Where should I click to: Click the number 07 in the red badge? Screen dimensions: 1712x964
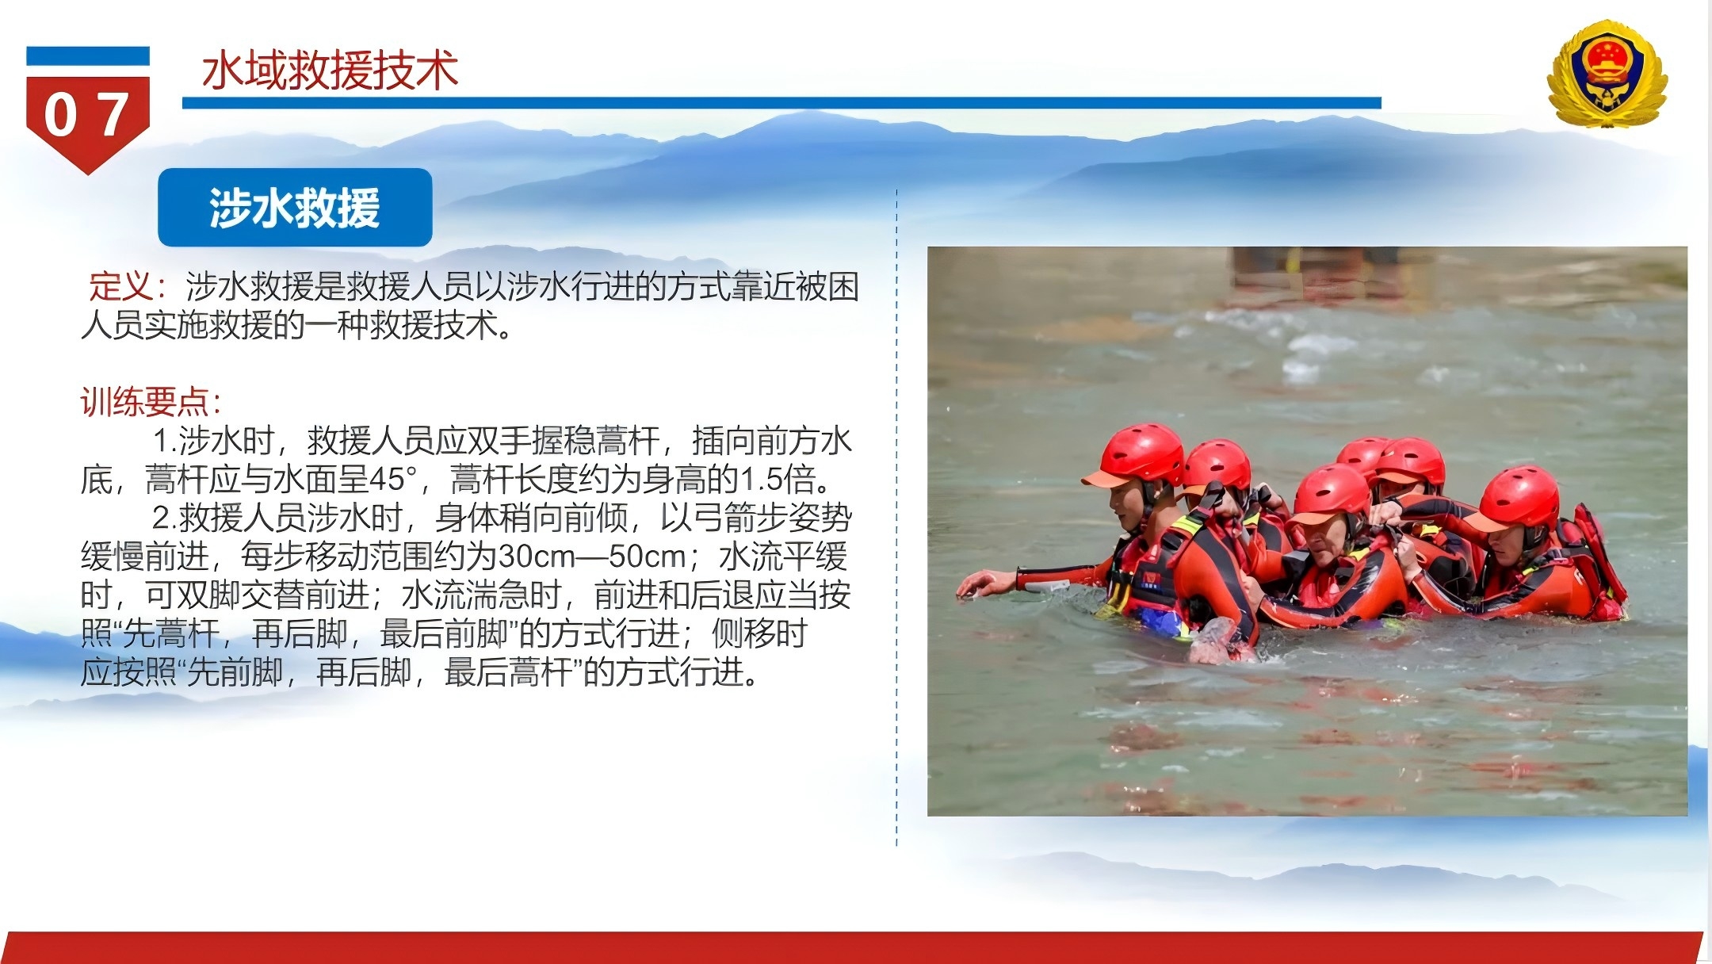[x=87, y=115]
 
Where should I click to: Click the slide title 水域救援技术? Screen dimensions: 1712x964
[x=330, y=71]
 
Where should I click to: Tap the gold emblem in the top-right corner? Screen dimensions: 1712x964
[x=1607, y=74]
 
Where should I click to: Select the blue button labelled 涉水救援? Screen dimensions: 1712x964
[x=295, y=208]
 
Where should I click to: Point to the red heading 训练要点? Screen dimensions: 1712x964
[x=144, y=402]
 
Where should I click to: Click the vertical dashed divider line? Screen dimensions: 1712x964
[x=896, y=518]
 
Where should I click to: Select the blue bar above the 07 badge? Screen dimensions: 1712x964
[x=88, y=56]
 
